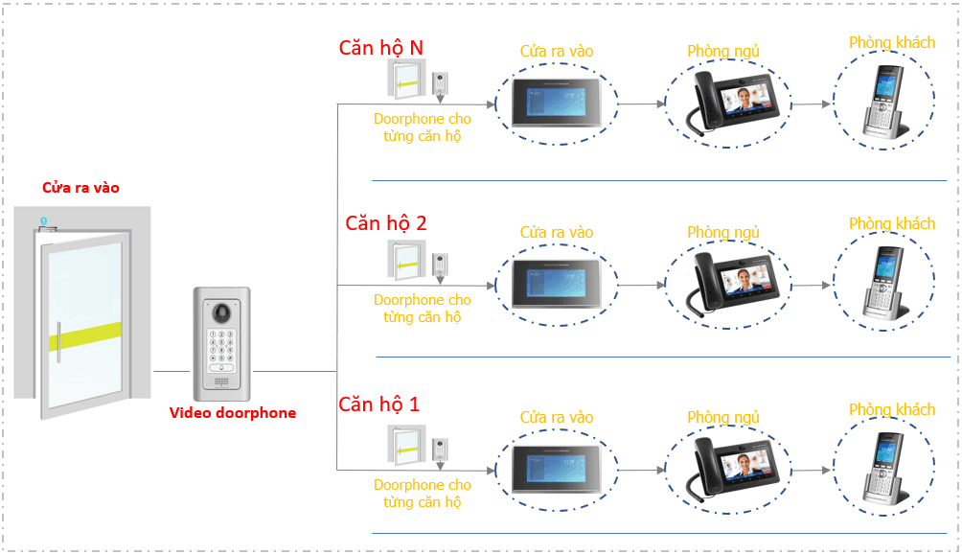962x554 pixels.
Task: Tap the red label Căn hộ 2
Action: coord(386,223)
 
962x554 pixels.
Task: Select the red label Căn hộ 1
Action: coord(379,404)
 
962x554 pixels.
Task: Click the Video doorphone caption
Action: coord(233,413)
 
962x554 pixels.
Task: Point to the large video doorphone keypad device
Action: coord(222,344)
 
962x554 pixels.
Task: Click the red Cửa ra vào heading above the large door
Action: coord(80,188)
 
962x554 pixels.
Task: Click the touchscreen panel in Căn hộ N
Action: coord(556,104)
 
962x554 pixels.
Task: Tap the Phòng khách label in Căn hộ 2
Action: coord(891,224)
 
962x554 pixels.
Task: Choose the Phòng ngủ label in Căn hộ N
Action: coord(723,51)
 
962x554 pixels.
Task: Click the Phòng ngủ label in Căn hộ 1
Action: coord(723,418)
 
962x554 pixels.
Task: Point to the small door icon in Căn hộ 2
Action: coord(405,261)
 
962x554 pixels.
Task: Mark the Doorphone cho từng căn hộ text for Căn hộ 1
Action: coord(422,494)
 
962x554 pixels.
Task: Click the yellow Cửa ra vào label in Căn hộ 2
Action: coord(556,233)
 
